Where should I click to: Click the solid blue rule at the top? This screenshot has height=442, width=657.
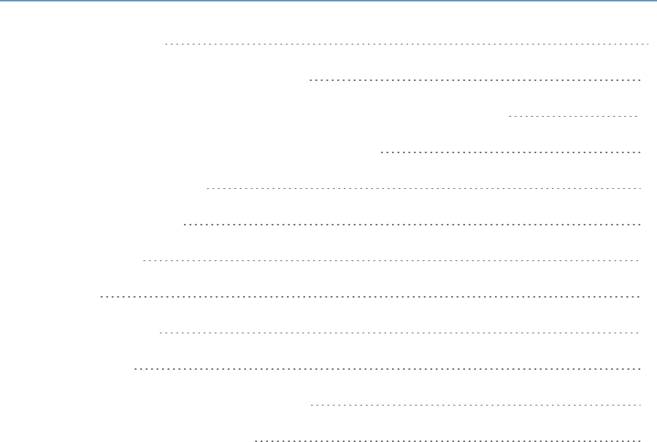click(x=328, y=1)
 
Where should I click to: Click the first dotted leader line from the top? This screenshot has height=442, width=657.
click(x=407, y=44)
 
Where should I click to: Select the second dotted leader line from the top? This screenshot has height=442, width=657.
click(x=475, y=80)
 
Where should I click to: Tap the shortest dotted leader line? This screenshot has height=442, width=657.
click(x=573, y=116)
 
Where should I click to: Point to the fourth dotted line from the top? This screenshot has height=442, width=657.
click(x=511, y=152)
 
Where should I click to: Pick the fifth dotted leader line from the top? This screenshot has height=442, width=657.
click(x=423, y=188)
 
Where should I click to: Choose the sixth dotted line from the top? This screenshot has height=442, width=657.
click(x=412, y=224)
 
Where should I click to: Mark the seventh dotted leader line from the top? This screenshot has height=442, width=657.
click(x=391, y=260)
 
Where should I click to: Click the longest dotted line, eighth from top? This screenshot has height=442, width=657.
click(x=369, y=297)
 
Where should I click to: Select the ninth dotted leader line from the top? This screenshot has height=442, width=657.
click(x=399, y=333)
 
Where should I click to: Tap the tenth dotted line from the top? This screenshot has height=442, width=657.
click(x=388, y=369)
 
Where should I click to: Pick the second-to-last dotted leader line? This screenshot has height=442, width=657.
click(x=475, y=404)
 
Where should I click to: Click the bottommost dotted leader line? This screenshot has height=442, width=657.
click(x=447, y=441)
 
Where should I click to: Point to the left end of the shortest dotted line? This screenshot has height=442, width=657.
click(x=508, y=116)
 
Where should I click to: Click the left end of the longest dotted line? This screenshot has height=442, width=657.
click(x=100, y=297)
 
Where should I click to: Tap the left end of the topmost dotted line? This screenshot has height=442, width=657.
click(x=166, y=44)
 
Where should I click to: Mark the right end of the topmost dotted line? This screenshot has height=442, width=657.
click(x=648, y=44)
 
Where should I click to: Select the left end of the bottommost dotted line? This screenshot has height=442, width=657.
click(x=255, y=441)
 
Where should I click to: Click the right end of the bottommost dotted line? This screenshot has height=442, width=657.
click(x=639, y=441)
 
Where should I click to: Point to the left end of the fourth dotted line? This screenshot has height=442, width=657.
click(x=382, y=152)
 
